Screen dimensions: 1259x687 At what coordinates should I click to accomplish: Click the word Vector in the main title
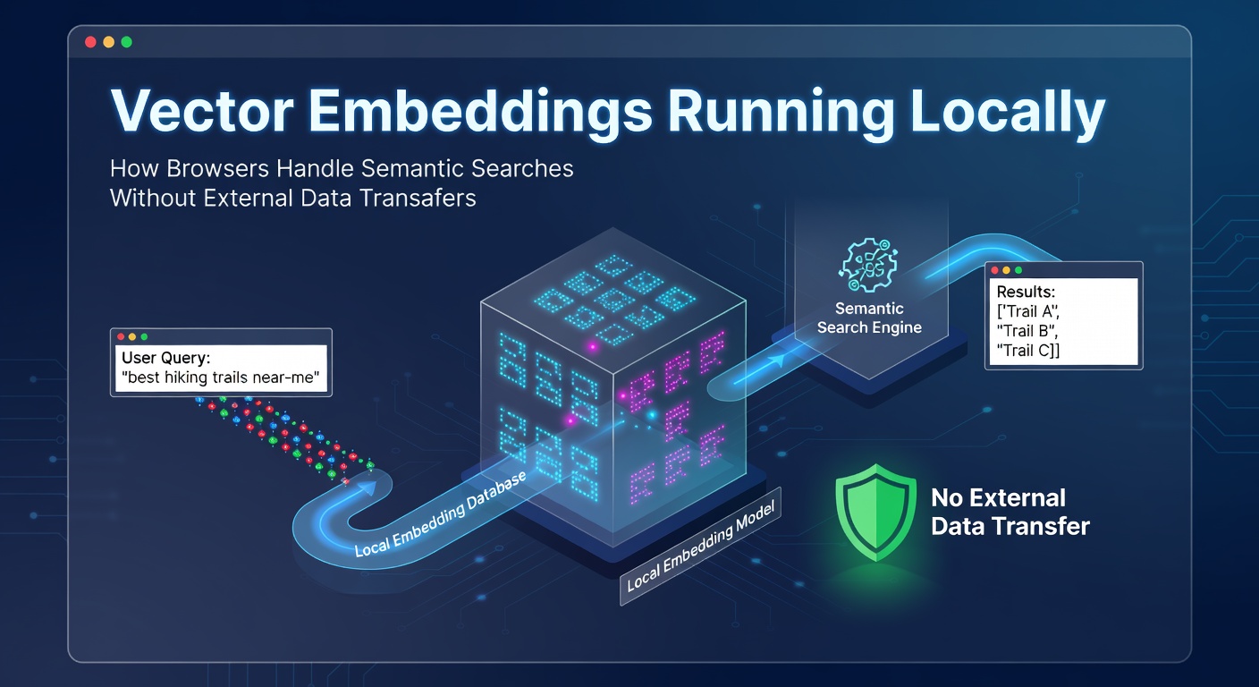pos(202,111)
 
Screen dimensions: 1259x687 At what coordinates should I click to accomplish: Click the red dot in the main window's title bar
pos(90,42)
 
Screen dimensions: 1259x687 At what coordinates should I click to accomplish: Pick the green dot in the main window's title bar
pos(126,42)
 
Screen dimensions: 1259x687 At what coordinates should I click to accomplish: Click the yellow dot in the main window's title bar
pos(108,42)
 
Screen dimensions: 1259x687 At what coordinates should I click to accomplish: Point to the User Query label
pos(165,358)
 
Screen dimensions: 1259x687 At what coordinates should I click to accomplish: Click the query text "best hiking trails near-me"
pos(220,377)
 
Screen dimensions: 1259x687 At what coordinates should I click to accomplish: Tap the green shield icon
pos(875,513)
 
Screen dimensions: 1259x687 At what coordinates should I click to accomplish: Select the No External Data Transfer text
pos(1010,513)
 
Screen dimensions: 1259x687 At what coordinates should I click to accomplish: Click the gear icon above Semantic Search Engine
pos(868,265)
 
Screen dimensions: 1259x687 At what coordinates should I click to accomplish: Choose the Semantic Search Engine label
pos(869,318)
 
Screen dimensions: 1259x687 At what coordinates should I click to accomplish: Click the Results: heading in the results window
pos(1026,292)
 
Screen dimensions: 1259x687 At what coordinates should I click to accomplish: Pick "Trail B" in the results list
pos(1027,331)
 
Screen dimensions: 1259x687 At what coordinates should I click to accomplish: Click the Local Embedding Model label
pos(701,546)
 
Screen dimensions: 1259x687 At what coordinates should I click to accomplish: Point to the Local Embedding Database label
pos(440,513)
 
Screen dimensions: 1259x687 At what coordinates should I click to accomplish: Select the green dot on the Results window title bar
pos(1018,270)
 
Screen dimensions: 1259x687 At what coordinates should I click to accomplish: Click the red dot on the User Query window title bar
pos(121,336)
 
